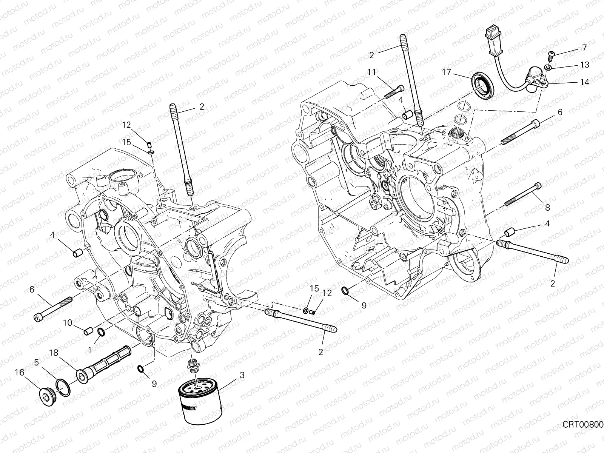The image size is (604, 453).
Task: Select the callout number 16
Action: point(19,372)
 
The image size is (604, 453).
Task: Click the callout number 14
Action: point(584,82)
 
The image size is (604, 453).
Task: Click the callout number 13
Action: point(584,65)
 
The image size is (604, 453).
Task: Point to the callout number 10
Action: point(67,323)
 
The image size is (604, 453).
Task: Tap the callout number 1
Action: point(89,350)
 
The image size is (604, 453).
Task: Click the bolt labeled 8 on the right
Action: point(525,196)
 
